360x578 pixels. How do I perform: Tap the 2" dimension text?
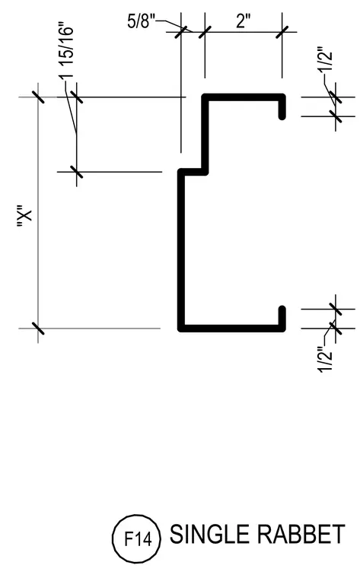244,21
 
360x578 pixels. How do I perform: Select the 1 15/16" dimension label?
66,52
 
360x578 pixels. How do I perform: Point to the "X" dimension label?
25,218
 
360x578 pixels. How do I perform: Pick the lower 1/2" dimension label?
326,360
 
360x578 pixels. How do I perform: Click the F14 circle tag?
136,539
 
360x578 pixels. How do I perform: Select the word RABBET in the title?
301,534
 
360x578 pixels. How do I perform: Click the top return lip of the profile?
282,107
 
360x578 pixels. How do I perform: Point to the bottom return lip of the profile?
282,318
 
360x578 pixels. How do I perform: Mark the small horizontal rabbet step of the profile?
193,172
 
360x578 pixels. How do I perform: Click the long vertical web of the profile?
181,250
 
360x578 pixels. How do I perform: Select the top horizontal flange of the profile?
244,97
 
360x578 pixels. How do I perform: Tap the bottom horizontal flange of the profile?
231,328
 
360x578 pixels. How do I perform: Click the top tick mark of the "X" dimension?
38,97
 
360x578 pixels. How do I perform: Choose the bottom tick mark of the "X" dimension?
38,328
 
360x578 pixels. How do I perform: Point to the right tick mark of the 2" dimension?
282,32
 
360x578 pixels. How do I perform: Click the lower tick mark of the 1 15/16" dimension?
76,172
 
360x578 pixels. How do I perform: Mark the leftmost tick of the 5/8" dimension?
180,32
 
